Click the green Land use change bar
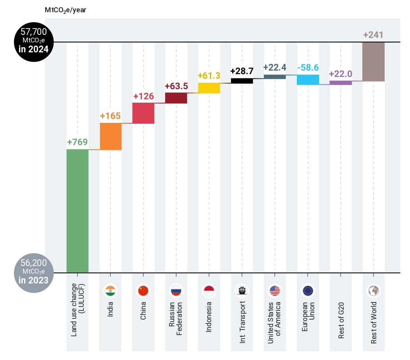(x=77, y=211)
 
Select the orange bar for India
(x=111, y=136)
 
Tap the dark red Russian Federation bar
(x=176, y=98)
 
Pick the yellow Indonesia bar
(x=209, y=88)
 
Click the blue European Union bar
(x=308, y=80)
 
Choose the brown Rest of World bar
(x=373, y=62)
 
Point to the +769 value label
(x=77, y=142)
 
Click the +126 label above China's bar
(x=143, y=96)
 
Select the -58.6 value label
(x=308, y=67)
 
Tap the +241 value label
(x=373, y=35)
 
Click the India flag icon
(x=110, y=291)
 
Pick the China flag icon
(x=143, y=291)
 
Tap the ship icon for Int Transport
(x=242, y=291)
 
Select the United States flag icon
(x=275, y=291)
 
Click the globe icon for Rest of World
(x=373, y=291)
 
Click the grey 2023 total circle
(x=31, y=272)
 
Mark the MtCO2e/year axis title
(x=65, y=10)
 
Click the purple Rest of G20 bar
(x=341, y=82)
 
